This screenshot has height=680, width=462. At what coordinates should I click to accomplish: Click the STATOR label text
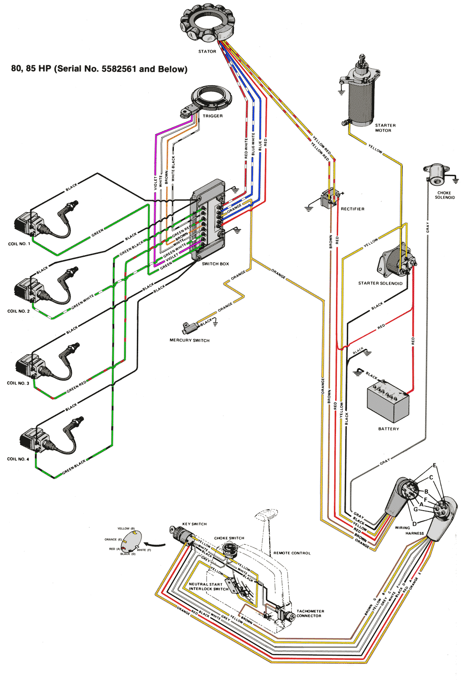pos(207,51)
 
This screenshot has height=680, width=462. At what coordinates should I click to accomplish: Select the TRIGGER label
pos(213,116)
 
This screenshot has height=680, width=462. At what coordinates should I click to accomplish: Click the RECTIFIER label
pos(352,209)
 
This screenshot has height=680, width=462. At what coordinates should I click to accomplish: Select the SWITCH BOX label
pos(215,264)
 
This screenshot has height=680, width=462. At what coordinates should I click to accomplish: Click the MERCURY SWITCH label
pos(189,340)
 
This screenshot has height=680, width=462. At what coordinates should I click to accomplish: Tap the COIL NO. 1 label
pos(19,244)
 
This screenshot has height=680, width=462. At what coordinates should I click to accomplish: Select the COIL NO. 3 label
pos(18,383)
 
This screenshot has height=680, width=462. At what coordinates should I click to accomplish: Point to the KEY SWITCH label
pos(194,524)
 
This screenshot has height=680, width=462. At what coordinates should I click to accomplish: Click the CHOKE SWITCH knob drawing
pos(229,549)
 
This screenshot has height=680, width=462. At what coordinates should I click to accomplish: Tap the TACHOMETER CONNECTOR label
pos(310,614)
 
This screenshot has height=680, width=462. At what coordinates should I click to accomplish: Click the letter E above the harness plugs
pos(435,465)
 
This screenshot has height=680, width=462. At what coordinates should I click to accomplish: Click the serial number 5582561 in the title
pos(119,69)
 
